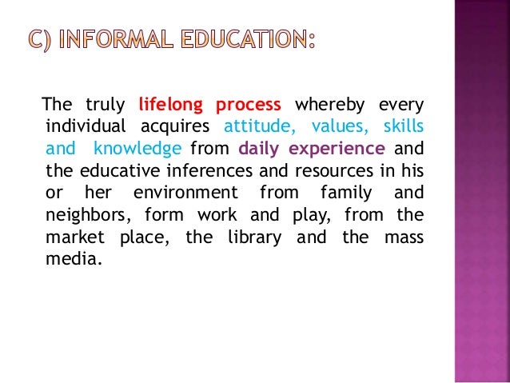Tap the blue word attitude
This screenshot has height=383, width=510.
[260, 126]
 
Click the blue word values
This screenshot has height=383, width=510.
[334, 126]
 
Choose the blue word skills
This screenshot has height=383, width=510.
[404, 126]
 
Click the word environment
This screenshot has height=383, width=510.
[185, 192]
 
